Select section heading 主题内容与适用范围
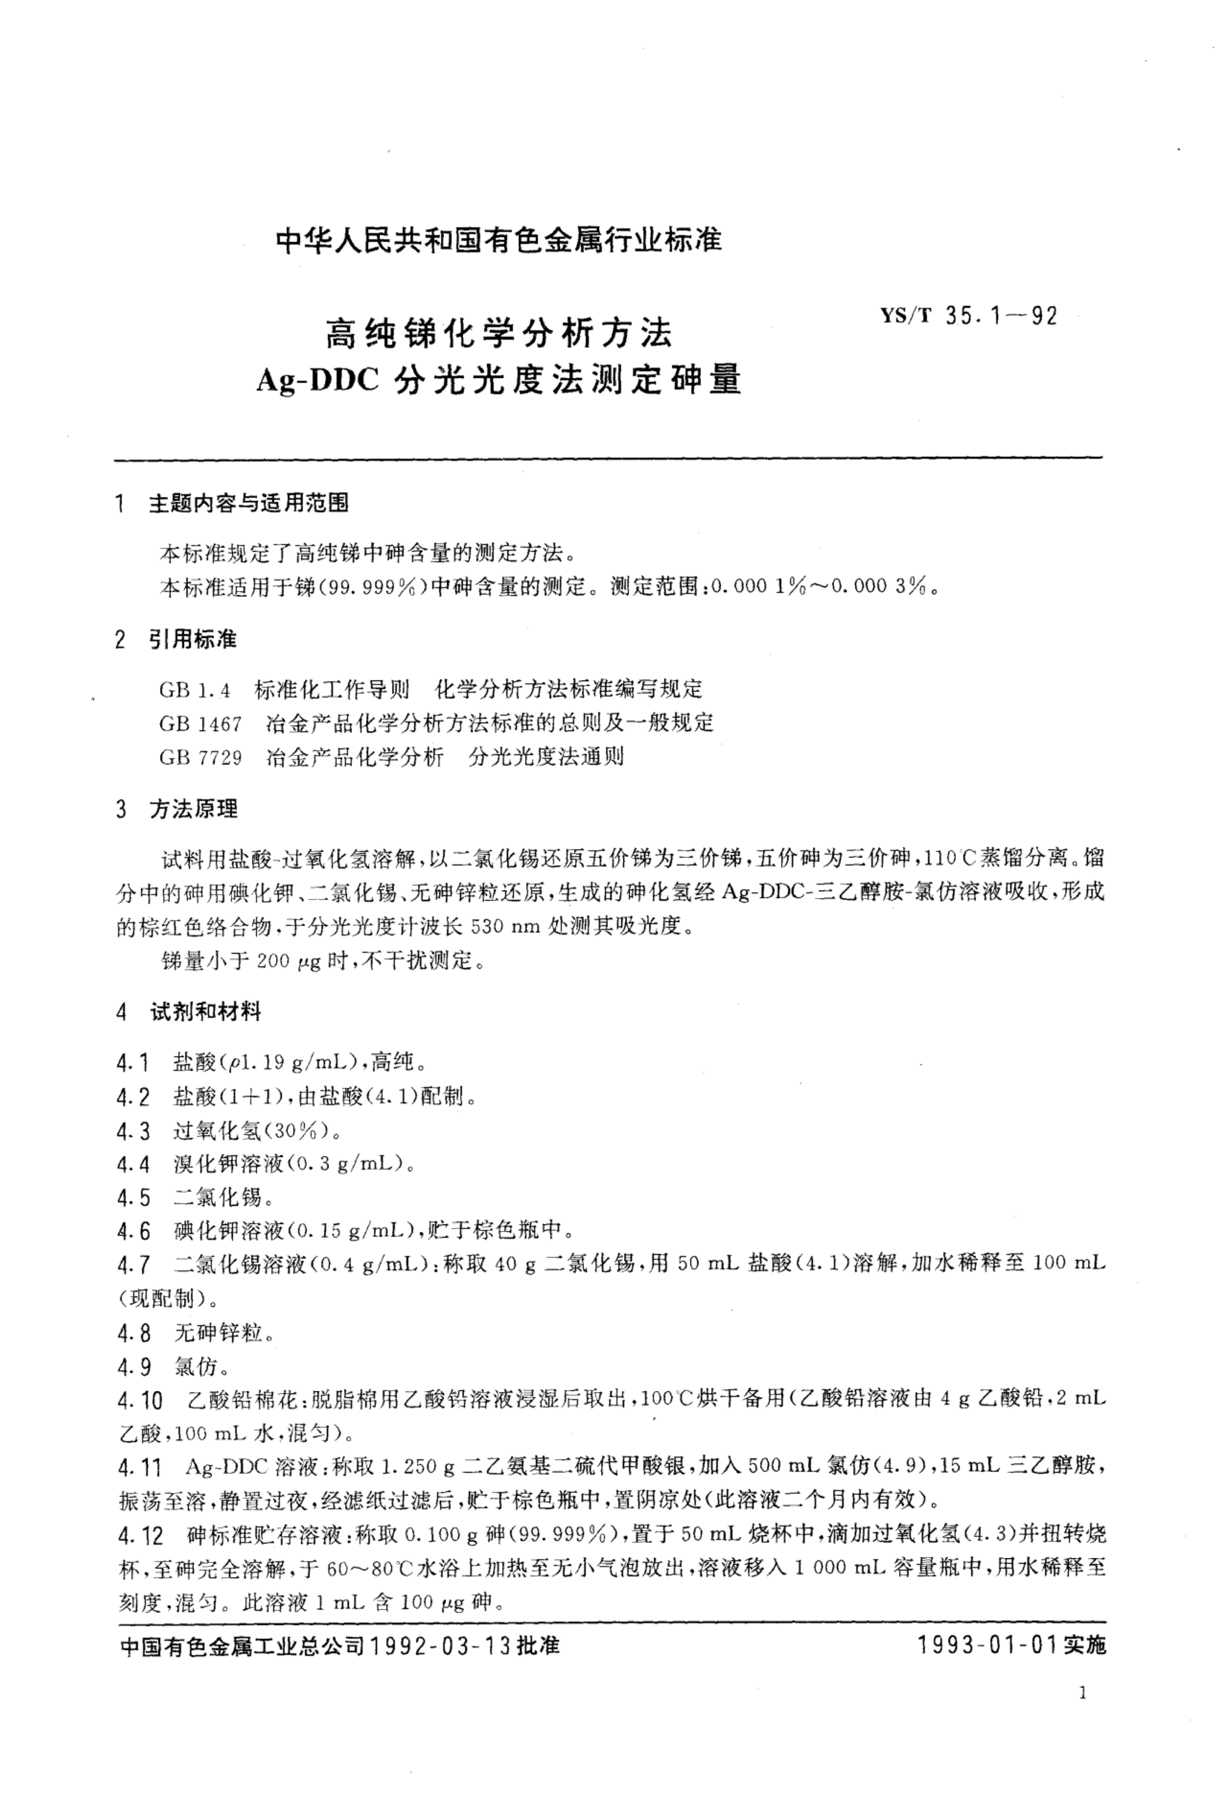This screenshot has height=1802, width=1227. [248, 503]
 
